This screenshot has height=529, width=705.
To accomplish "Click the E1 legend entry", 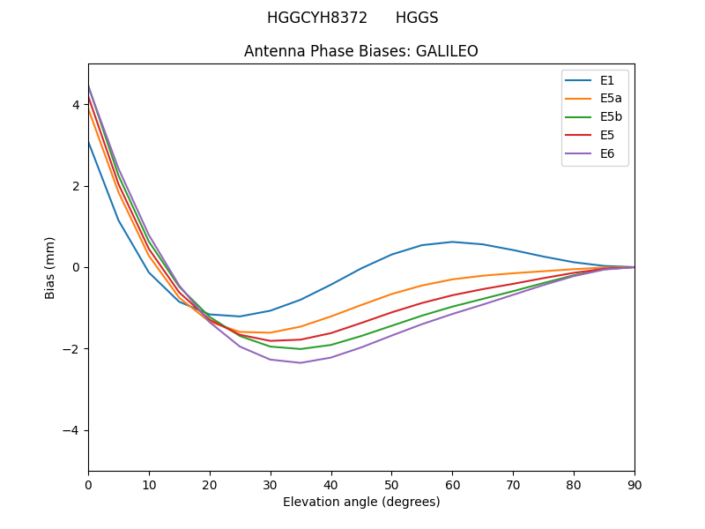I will tap(595, 80).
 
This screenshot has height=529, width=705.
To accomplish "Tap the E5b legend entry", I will tap(595, 117).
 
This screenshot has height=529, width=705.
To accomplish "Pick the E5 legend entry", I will tap(595, 135).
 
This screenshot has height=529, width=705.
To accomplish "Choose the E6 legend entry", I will tap(595, 153).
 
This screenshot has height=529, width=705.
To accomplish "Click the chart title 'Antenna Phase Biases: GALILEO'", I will tap(361, 51).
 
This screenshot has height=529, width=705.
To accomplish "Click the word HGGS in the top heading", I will tap(417, 18).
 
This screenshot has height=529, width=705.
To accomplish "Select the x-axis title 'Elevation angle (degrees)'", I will tap(361, 502).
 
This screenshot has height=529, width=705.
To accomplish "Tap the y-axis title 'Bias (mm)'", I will tap(50, 267).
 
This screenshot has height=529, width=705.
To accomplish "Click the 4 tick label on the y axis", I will tap(76, 105).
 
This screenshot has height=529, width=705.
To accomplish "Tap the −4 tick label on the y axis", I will tap(72, 430).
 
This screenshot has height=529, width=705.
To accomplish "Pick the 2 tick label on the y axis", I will tap(76, 186).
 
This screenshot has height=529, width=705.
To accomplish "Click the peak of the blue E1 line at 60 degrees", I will tap(452, 242).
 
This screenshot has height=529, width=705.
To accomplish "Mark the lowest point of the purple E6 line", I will tap(301, 362).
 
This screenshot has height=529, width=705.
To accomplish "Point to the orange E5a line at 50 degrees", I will tap(391, 294).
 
